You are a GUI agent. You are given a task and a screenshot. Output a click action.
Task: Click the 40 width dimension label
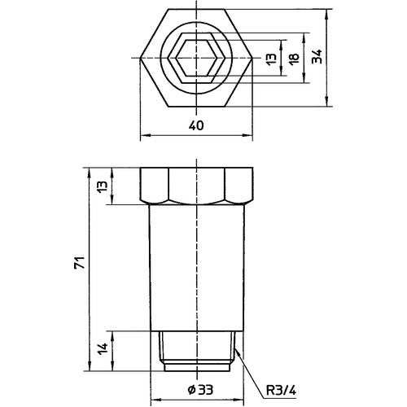tap(196, 125)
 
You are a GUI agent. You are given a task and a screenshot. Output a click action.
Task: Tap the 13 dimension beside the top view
tap(271, 58)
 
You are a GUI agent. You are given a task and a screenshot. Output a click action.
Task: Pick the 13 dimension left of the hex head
tap(101, 186)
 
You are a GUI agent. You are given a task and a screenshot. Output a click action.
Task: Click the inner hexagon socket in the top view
tap(196, 58)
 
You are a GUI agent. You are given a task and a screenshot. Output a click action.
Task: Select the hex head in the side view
tap(198, 186)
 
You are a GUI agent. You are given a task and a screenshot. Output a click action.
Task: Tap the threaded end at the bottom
tap(198, 348)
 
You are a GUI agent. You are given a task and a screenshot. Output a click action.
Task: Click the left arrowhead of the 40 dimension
tap(144, 134)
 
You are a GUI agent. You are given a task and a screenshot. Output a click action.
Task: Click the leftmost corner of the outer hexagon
tap(140, 58)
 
